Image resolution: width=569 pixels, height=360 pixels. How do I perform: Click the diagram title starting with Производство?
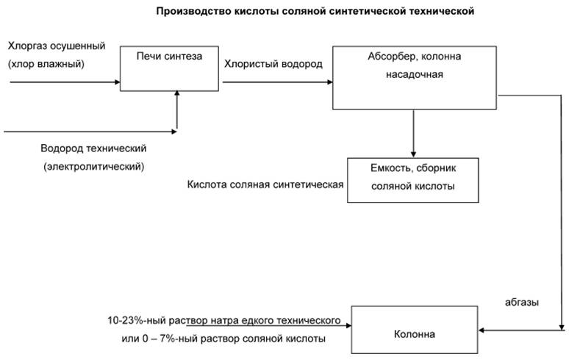pyautogui.click(x=315, y=11)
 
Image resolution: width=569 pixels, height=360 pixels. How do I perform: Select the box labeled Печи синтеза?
pyautogui.click(x=169, y=68)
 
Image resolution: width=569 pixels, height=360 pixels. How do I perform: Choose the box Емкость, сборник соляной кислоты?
pyautogui.click(x=412, y=179)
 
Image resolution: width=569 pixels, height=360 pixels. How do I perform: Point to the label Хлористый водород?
pyautogui.click(x=273, y=64)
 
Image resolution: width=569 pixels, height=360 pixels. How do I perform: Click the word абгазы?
pyautogui.click(x=521, y=301)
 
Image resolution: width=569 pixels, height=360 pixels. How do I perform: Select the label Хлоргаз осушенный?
pyautogui.click(x=57, y=46)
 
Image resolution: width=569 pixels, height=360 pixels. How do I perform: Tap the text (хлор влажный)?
pyautogui.click(x=46, y=64)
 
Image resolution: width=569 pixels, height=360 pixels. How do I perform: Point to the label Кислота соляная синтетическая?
pyautogui.click(x=266, y=184)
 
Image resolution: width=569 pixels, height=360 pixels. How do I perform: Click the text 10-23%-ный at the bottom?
pyautogui.click(x=132, y=321)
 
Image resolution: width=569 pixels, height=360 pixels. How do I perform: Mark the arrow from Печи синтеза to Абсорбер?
pyautogui.click(x=276, y=82)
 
